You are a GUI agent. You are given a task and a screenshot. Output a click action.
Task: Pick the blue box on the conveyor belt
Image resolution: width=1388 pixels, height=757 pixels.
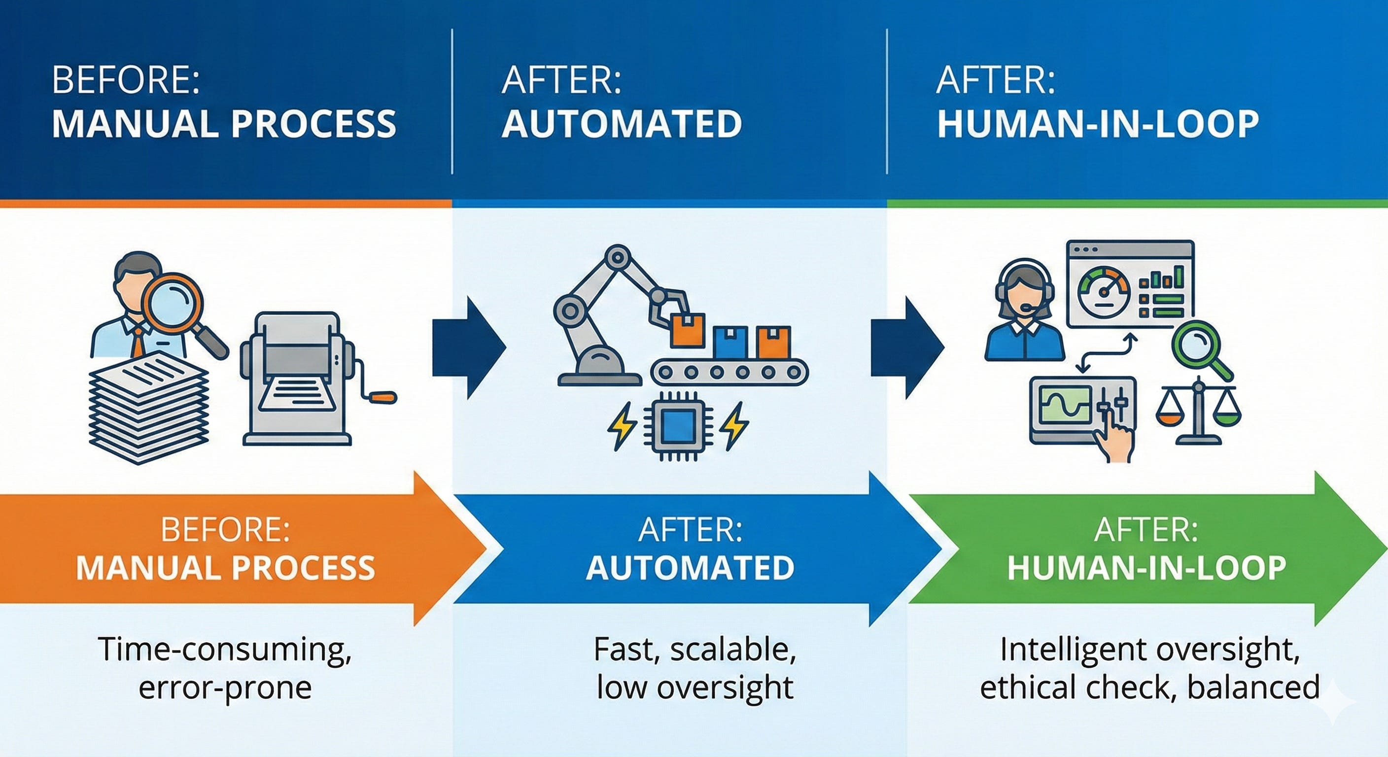coord(729,343)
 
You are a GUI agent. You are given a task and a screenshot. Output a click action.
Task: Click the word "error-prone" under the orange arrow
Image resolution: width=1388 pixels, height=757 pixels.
coord(225,688)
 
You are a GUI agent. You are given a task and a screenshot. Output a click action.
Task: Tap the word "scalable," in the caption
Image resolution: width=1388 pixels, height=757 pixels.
coord(733,650)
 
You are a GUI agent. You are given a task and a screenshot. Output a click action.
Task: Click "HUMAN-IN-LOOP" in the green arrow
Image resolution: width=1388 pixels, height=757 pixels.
coord(1147,567)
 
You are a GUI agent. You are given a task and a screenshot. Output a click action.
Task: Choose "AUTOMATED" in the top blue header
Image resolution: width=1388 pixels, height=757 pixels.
coord(622,123)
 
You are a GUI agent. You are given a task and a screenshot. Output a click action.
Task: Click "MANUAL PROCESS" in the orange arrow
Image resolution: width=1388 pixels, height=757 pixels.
coord(225,567)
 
